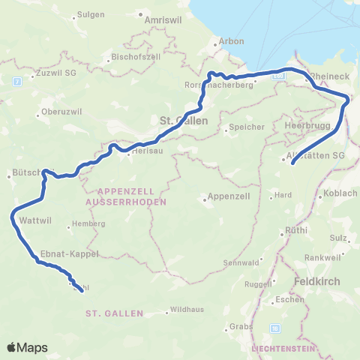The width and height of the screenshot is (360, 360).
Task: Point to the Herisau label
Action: click(x=146, y=151)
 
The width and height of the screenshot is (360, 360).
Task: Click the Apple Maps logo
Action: click(x=27, y=347)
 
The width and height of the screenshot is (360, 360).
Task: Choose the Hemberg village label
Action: click(x=82, y=225)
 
